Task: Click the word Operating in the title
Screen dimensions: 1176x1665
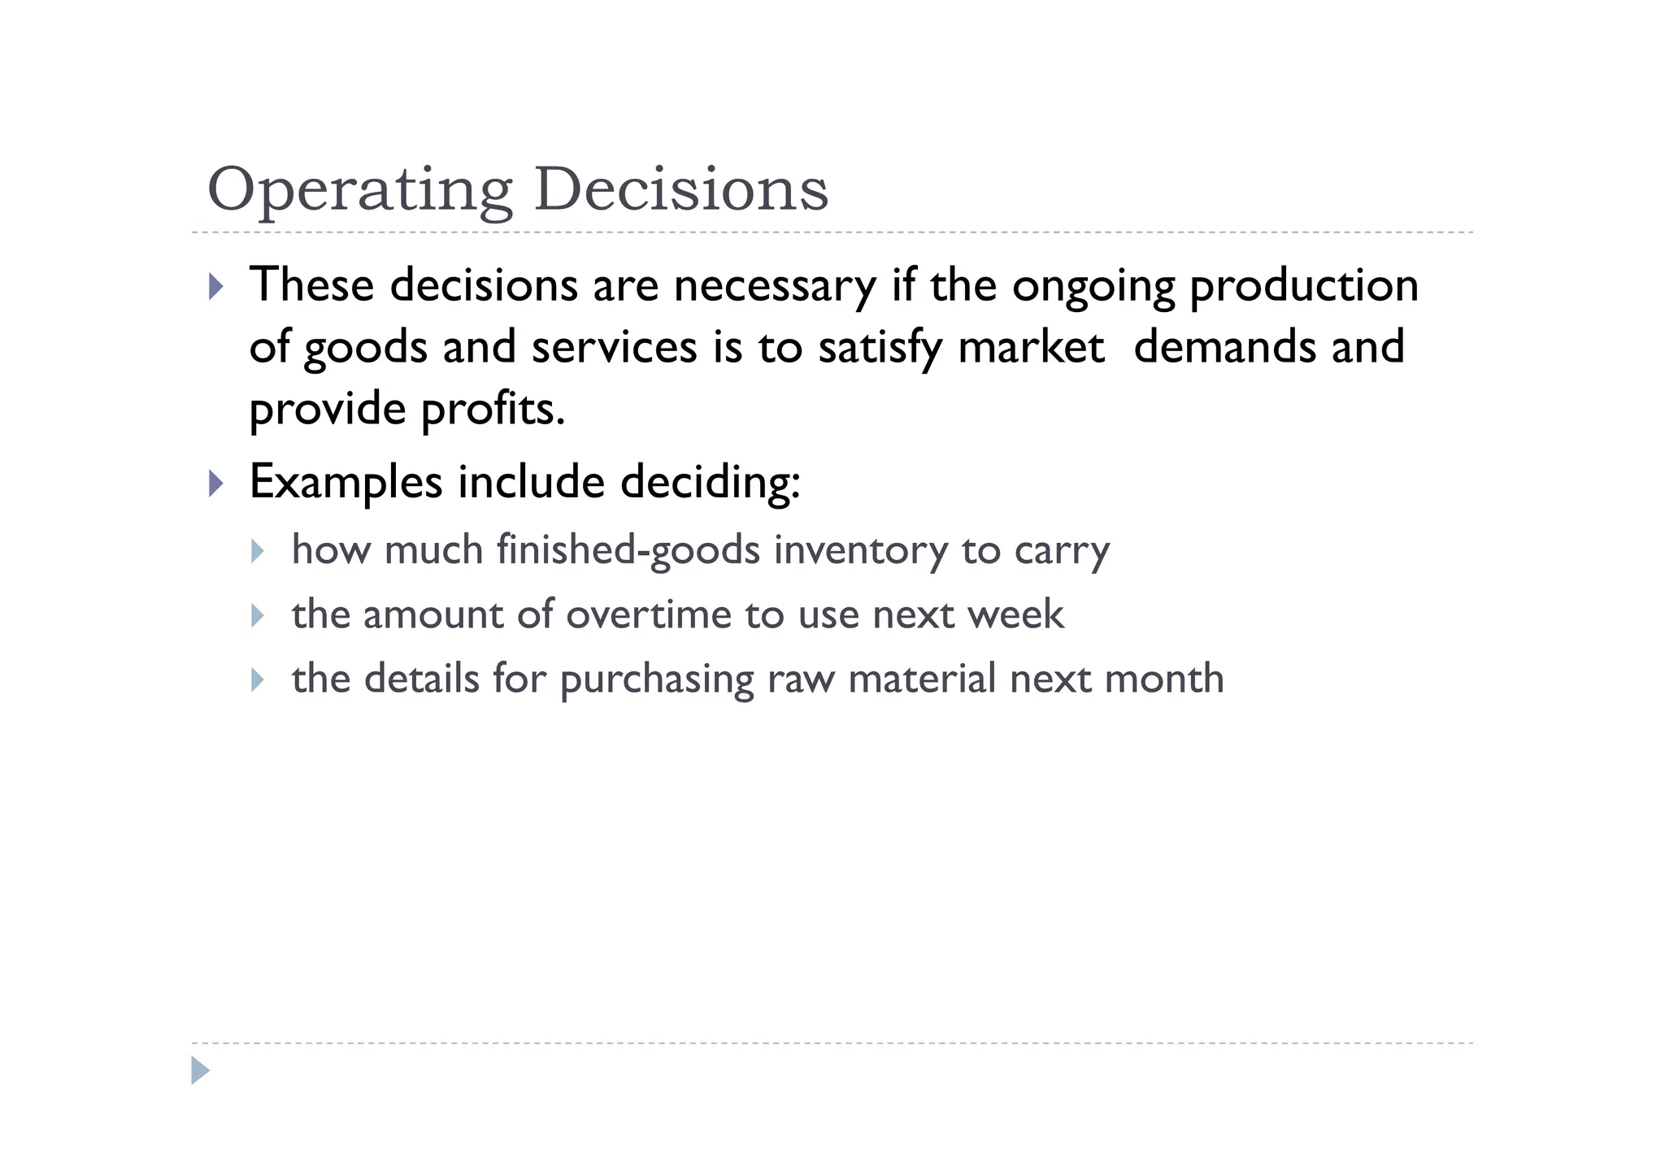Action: click(359, 191)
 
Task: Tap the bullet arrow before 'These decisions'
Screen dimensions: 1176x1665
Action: click(215, 286)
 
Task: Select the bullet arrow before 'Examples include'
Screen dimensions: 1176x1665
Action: click(215, 484)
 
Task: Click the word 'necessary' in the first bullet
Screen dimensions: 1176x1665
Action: click(775, 286)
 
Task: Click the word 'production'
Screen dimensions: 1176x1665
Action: click(1304, 286)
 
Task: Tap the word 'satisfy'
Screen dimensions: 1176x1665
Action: click(880, 348)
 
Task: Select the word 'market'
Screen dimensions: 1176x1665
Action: click(1031, 347)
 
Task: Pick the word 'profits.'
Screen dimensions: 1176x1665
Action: click(493, 410)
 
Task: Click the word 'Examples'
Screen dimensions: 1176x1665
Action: click(346, 483)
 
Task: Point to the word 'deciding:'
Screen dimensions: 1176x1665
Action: click(711, 483)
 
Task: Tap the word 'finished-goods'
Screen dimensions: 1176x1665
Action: click(628, 550)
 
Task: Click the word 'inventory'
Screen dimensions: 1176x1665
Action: click(860, 551)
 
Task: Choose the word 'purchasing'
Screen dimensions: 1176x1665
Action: click(657, 679)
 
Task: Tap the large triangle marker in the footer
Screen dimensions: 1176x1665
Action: click(200, 1070)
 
